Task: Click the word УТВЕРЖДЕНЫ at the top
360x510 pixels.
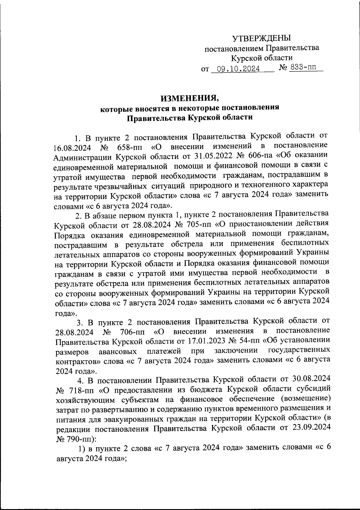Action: point(262,38)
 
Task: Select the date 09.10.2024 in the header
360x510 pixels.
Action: point(238,69)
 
